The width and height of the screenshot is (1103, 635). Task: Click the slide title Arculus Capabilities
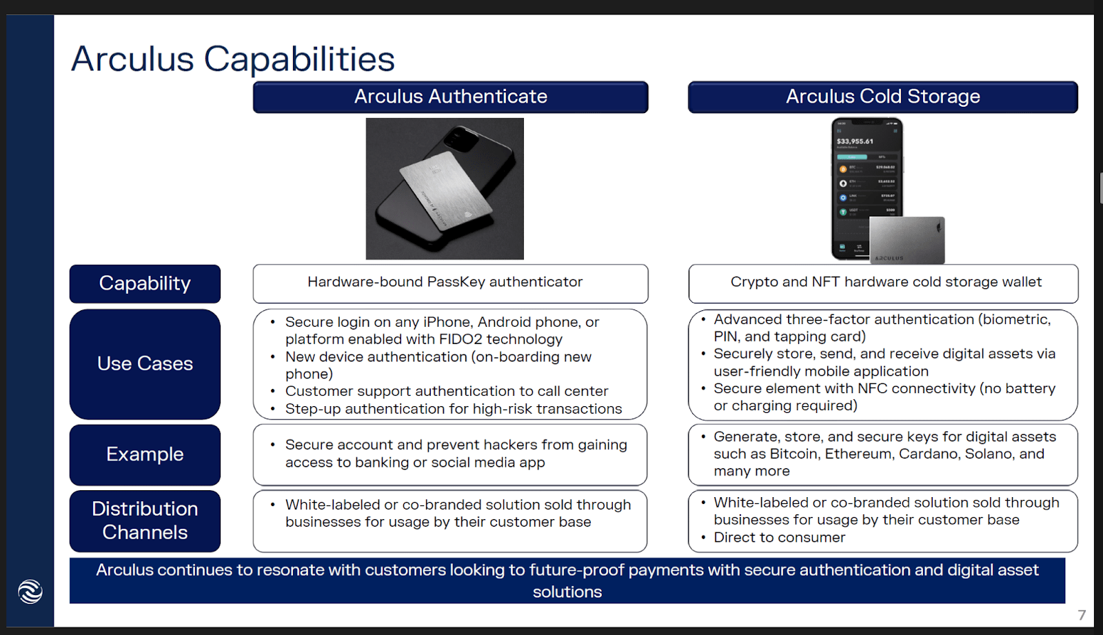[x=233, y=59]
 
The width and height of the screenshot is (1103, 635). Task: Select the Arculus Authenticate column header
[x=450, y=97]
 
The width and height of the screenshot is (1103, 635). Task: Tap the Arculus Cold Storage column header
[x=882, y=97]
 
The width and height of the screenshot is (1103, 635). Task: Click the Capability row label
[x=145, y=283]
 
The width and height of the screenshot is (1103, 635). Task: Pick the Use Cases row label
[x=145, y=364]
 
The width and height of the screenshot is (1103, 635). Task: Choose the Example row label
[x=145, y=454]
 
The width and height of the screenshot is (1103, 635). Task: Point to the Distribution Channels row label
[x=145, y=521]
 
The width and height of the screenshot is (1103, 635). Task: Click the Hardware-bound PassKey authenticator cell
[x=445, y=282]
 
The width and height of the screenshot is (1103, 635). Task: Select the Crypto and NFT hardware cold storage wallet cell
[x=885, y=282]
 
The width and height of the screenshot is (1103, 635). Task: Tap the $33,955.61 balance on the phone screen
[x=855, y=141]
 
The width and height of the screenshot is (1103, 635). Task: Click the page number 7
[x=1082, y=615]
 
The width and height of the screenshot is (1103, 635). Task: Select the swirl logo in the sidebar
[x=30, y=592]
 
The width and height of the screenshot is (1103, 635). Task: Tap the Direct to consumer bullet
[x=779, y=538]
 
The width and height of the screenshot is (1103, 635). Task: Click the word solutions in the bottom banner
[x=567, y=592]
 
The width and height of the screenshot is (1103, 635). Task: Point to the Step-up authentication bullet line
[x=453, y=409]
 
